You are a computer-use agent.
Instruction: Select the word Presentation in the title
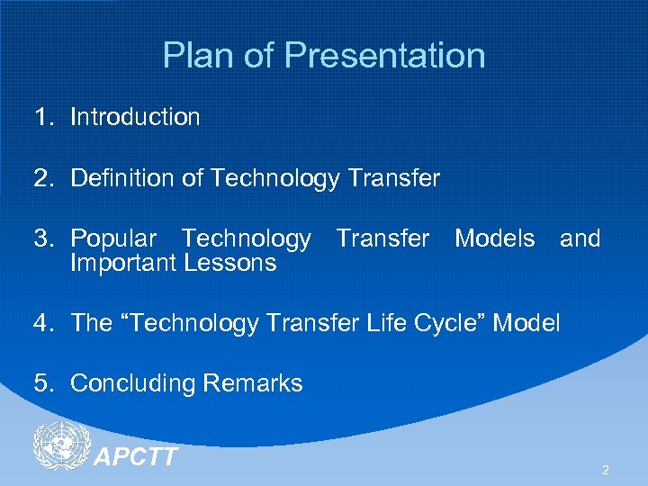pos(385,56)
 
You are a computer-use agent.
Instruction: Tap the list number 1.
pos(41,117)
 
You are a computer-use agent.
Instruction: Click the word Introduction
pos(135,117)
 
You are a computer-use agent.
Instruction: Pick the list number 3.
pos(41,238)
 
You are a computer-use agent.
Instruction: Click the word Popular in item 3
pos(112,238)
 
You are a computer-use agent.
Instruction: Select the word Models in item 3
pos(494,238)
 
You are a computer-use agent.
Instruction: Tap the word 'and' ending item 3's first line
pos(580,238)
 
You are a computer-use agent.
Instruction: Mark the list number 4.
pos(41,322)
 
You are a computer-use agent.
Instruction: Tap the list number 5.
pos(41,383)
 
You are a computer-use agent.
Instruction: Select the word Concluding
pos(133,383)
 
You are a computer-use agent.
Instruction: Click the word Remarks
pos(253,383)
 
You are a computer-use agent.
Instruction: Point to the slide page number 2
pos(605,470)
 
